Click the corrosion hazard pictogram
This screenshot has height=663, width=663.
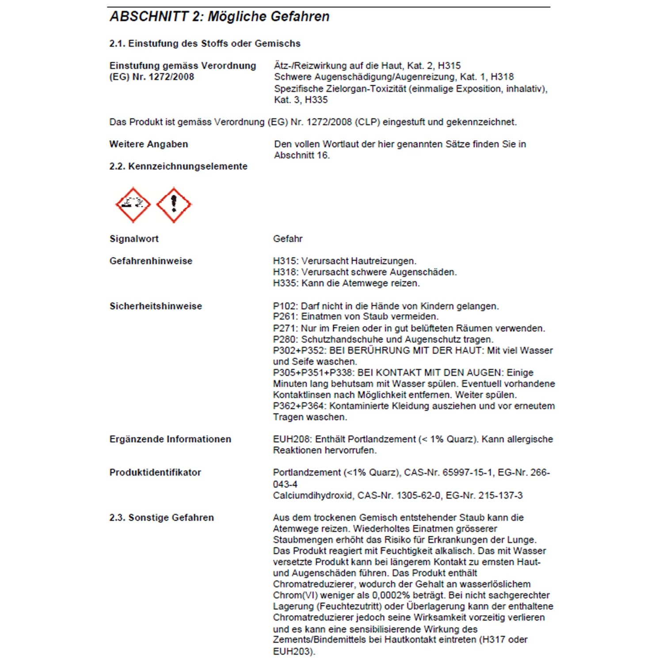pyautogui.click(x=133, y=205)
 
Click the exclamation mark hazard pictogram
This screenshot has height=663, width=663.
pyautogui.click(x=174, y=205)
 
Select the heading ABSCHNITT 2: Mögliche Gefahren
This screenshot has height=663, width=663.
pyautogui.click(x=220, y=17)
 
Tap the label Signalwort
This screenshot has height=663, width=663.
pyautogui.click(x=134, y=239)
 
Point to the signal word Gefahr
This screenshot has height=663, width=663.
pyautogui.click(x=288, y=239)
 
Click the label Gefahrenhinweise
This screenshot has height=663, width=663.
pyautogui.click(x=151, y=261)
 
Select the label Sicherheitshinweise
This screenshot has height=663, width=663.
pyautogui.click(x=156, y=306)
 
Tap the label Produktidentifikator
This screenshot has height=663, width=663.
pyautogui.click(x=155, y=472)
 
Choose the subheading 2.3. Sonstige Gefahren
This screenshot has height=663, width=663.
pyautogui.click(x=161, y=518)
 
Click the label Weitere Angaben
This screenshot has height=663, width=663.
pyautogui.click(x=149, y=144)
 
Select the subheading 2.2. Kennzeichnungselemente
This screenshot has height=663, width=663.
pyautogui.click(x=178, y=167)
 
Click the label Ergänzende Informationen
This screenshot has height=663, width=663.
pyautogui.click(x=170, y=439)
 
